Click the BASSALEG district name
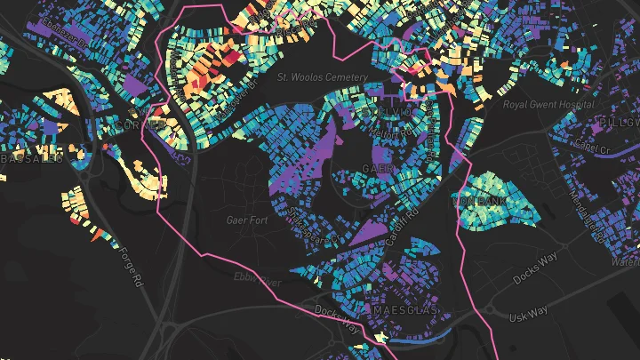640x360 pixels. [30, 158]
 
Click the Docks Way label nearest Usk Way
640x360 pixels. [534, 267]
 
